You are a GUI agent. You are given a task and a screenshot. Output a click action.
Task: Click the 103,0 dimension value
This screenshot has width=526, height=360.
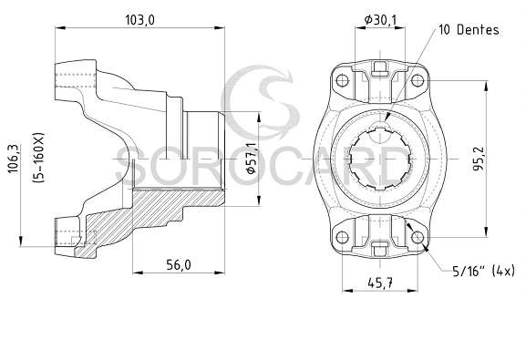[140, 20]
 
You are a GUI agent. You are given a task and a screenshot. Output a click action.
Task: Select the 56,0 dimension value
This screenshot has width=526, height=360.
[179, 265]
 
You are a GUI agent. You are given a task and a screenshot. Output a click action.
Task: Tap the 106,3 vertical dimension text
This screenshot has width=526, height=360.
[14, 159]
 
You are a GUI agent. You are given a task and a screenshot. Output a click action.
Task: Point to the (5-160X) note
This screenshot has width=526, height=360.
[38, 158]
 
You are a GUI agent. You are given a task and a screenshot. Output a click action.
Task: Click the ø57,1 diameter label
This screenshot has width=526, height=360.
[251, 158]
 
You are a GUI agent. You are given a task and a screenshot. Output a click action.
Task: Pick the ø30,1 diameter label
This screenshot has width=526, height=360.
[380, 20]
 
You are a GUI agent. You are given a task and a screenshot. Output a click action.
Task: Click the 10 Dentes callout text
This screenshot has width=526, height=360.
[469, 30]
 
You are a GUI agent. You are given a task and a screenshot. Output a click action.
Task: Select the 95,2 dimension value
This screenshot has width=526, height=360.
[479, 159]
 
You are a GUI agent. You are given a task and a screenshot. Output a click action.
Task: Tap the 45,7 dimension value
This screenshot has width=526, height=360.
[380, 283]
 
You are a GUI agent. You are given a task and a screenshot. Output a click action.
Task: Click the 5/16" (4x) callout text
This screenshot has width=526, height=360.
[483, 271]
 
